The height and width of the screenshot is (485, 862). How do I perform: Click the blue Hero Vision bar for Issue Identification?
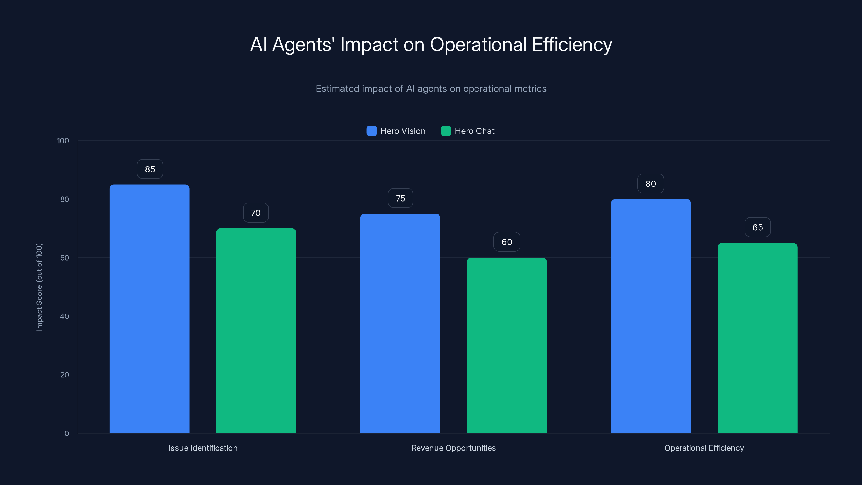click(x=149, y=308)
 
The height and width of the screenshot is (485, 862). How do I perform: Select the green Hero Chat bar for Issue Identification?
click(x=256, y=330)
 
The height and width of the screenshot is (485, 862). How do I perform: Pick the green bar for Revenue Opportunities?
click(x=507, y=345)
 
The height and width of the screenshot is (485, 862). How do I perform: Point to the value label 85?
click(x=150, y=169)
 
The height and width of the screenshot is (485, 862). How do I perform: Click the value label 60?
click(x=507, y=242)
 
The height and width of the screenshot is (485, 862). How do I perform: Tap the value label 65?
click(x=757, y=227)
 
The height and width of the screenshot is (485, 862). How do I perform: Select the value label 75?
click(x=400, y=198)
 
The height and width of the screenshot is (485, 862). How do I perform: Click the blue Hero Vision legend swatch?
click(x=371, y=131)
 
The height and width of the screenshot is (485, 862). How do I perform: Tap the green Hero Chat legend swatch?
click(x=446, y=131)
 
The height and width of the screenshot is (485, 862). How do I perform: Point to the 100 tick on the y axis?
click(x=63, y=141)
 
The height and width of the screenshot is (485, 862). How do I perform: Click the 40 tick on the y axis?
click(x=64, y=316)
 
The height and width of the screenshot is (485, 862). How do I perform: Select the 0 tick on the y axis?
click(x=67, y=434)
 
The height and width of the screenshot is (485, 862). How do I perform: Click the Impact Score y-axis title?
click(x=39, y=287)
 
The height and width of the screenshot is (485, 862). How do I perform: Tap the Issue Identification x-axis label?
click(x=203, y=448)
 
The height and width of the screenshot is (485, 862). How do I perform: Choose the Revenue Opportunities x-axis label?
click(x=453, y=448)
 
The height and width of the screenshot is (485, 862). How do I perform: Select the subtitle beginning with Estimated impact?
click(x=431, y=89)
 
